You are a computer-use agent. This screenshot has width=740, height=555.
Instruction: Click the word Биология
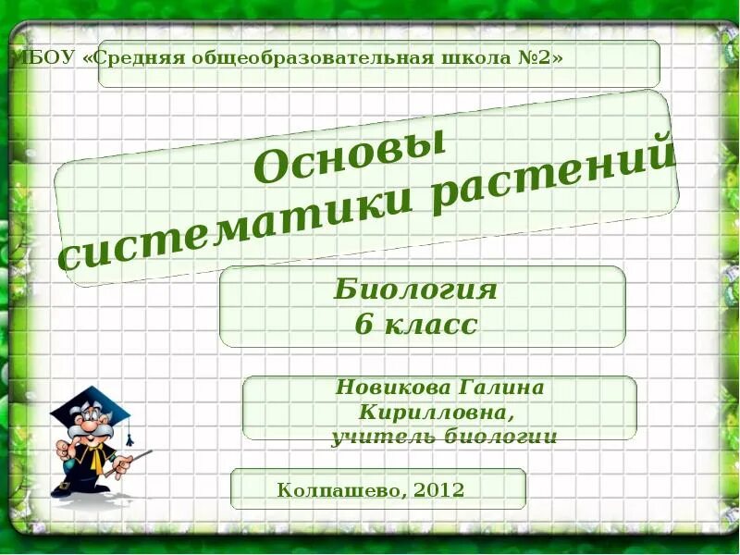point(416,290)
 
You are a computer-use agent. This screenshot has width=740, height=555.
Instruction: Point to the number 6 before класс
point(362,325)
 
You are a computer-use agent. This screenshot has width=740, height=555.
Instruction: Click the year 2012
point(438,489)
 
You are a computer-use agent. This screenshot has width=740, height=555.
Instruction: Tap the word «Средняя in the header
point(135,58)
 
